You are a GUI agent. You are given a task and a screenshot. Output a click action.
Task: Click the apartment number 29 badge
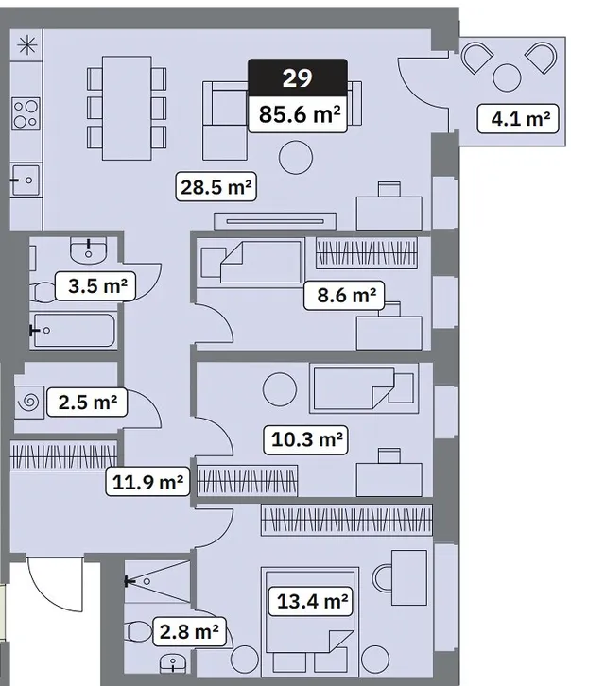298,77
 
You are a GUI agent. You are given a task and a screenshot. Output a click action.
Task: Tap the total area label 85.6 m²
298,114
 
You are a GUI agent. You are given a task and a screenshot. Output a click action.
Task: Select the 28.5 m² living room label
216,187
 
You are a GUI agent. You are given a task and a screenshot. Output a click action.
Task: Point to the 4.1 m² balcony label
518,118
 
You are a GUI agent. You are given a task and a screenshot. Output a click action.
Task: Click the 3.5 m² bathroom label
95,286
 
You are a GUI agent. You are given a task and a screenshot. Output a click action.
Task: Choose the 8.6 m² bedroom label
344,296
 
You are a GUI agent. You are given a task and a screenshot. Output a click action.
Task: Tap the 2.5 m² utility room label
87,403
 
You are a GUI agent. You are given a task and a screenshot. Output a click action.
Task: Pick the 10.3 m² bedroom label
305,439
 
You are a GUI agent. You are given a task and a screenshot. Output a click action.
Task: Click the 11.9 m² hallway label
148,481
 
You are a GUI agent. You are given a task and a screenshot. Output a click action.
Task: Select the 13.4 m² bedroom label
310,602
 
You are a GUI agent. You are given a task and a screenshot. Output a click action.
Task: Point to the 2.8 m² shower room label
190,632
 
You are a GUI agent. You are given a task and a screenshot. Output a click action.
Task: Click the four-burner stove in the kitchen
26,113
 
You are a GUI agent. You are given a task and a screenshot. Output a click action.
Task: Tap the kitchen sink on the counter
26,180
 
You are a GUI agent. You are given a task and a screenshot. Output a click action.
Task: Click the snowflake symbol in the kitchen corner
27,45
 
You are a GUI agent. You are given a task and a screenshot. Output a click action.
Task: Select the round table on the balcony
507,77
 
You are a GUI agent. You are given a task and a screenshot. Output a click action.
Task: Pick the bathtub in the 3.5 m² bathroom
74,331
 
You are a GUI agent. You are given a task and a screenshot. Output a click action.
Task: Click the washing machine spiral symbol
29,402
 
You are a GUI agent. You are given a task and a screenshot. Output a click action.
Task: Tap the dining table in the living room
127,108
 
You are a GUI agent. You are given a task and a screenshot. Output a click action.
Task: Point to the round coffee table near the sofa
296,157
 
